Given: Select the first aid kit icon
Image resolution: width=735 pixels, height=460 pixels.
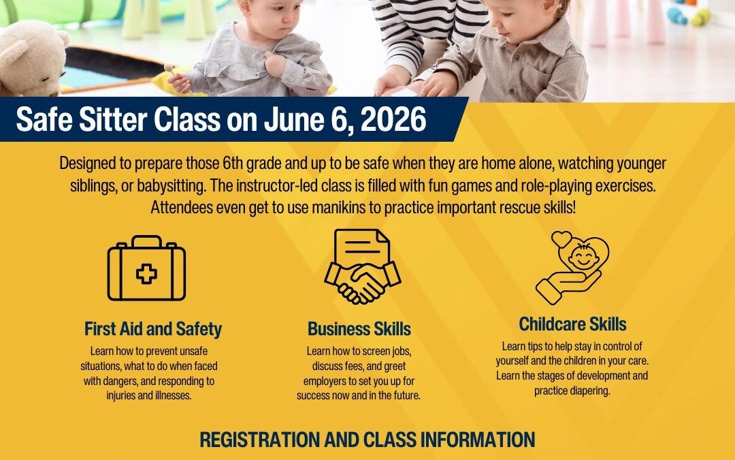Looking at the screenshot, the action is tap(147, 268).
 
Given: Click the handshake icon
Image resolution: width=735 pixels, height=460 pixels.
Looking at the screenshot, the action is tap(362, 281).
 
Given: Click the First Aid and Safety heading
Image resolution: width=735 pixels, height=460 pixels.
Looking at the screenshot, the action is tap(153, 328).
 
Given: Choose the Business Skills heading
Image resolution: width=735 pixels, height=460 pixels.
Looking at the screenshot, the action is tap(359, 328).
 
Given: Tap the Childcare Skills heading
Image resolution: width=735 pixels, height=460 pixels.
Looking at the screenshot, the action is tap(572, 324).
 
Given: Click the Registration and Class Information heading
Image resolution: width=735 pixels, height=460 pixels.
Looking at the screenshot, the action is tap(367, 440).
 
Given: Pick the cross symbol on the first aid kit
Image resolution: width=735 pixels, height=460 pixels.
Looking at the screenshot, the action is tap(147, 274).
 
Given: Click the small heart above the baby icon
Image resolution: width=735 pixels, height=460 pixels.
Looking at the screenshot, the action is tap(561, 239).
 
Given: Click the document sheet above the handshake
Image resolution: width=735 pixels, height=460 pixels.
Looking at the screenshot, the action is tap(362, 249).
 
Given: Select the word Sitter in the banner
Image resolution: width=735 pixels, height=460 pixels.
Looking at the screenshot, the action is tap(113, 119).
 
